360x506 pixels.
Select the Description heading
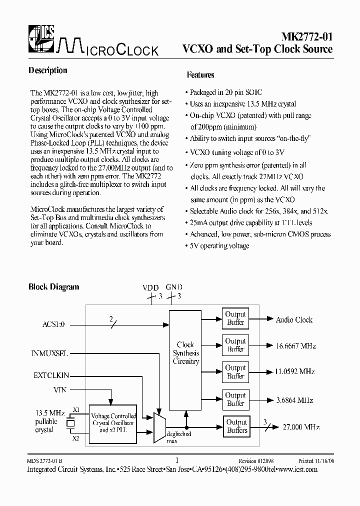[48, 70]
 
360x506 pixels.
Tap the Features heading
[200, 75]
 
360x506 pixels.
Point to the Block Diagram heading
[53, 287]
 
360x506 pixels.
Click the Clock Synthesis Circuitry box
[185, 353]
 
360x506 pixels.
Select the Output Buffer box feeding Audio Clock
[235, 318]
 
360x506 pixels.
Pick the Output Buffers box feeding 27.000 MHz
[237, 426]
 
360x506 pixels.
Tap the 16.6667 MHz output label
[296, 345]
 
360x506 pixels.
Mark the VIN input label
[60, 388]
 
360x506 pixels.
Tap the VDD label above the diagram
[150, 287]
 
